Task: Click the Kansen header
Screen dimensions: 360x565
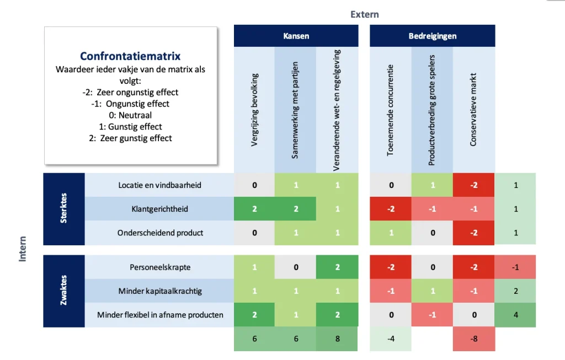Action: [x=296, y=36]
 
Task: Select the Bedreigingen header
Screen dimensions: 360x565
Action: [x=432, y=36]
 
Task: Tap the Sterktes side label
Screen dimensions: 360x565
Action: [x=64, y=208]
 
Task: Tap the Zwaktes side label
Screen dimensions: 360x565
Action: [x=64, y=291]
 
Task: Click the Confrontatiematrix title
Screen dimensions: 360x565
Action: [x=130, y=56]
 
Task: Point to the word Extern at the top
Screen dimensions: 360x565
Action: [x=365, y=14]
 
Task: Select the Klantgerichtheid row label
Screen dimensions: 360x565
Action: [x=159, y=209]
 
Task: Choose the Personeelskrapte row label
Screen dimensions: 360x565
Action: [x=159, y=267]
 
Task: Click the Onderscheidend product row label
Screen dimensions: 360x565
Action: [x=159, y=233]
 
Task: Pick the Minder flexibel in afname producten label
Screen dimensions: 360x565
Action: [x=159, y=315]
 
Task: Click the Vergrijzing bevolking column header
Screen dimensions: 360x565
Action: [x=255, y=110]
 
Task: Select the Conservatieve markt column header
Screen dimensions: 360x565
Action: [x=473, y=110]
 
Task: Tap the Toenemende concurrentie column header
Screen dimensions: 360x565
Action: [x=391, y=110]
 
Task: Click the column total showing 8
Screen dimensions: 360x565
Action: [x=337, y=339]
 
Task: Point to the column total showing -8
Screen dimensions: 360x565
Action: [x=474, y=339]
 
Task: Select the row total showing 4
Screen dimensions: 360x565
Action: [x=515, y=315]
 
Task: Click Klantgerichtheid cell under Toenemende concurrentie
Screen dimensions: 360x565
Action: [x=391, y=209]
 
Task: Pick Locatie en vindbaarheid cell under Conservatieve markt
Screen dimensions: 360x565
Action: [x=474, y=185]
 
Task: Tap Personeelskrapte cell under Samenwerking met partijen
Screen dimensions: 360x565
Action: [x=296, y=267]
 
